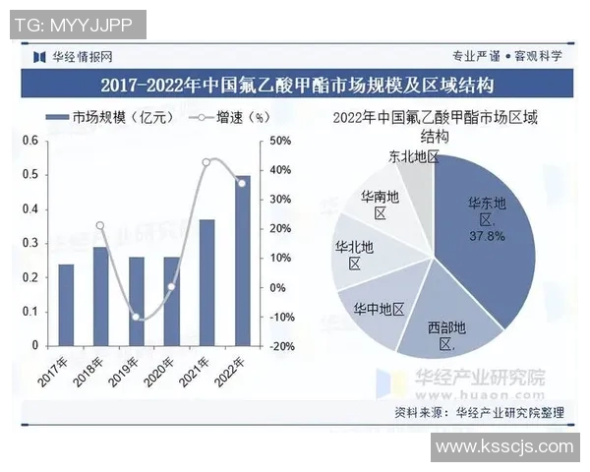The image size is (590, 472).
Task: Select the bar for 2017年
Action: click(x=66, y=305)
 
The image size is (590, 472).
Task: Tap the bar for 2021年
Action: click(x=206, y=283)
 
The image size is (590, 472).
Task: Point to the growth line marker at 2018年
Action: click(x=100, y=226)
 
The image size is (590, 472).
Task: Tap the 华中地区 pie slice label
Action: click(x=379, y=308)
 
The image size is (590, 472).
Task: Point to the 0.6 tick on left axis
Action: click(x=30, y=141)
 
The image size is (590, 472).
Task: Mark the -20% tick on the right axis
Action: click(x=280, y=346)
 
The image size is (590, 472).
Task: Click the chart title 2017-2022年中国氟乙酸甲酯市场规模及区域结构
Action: click(x=295, y=85)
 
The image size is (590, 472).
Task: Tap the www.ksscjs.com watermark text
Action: click(x=503, y=447)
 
